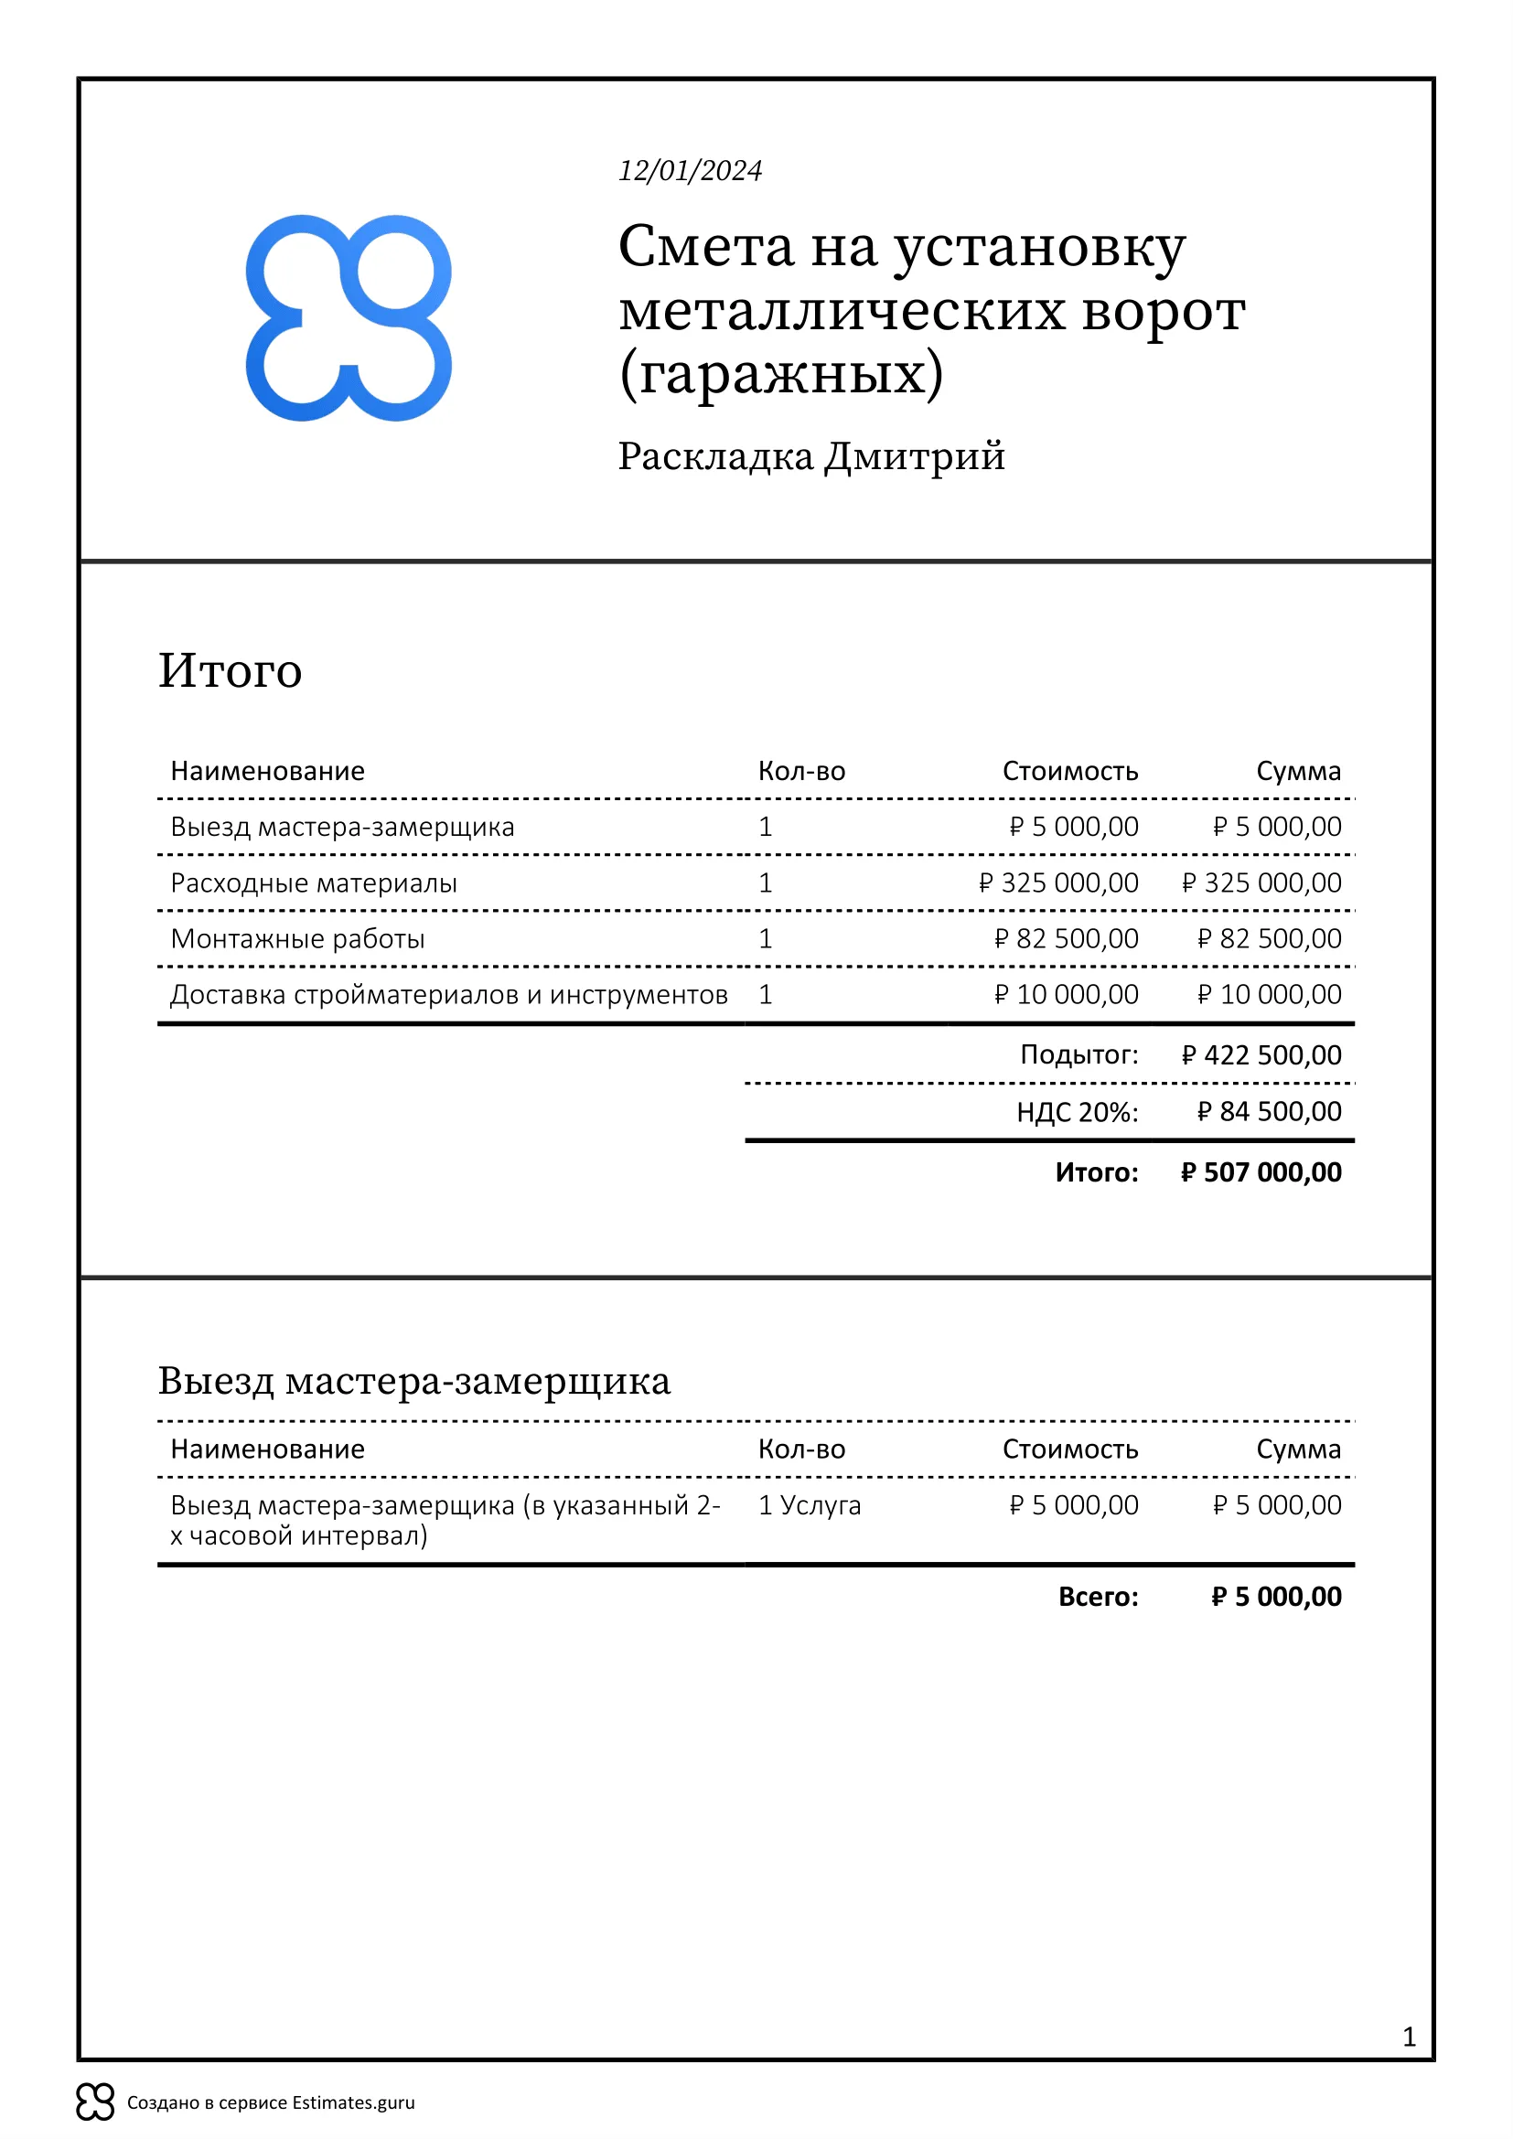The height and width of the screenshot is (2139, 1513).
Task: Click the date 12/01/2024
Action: pyautogui.click(x=691, y=170)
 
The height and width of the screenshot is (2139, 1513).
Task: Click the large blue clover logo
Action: pyautogui.click(x=349, y=317)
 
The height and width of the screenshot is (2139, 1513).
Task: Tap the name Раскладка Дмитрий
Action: pyautogui.click(x=811, y=456)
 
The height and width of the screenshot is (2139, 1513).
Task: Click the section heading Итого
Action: pyautogui.click(x=231, y=670)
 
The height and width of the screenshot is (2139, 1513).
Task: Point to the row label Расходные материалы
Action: pyautogui.click(x=314, y=882)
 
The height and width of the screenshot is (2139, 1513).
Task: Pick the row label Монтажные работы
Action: pyautogui.click(x=297, y=938)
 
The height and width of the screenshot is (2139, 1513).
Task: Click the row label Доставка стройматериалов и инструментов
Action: pyautogui.click(x=449, y=994)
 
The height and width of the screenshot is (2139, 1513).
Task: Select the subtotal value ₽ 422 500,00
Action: pyautogui.click(x=1261, y=1054)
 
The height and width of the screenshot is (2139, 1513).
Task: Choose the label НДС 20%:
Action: pyautogui.click(x=1077, y=1111)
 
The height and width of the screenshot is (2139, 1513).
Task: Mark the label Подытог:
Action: pyautogui.click(x=1078, y=1054)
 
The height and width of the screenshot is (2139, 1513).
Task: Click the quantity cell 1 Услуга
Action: pyautogui.click(x=809, y=1504)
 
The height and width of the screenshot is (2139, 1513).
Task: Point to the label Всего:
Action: pyautogui.click(x=1098, y=1596)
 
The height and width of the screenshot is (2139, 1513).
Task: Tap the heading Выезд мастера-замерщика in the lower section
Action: pyautogui.click(x=413, y=1380)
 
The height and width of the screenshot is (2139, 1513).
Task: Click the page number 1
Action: pyautogui.click(x=1409, y=2037)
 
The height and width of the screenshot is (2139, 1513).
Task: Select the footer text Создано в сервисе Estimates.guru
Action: pyautogui.click(x=271, y=2102)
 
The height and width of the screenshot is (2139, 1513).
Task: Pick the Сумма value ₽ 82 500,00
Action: pyautogui.click(x=1269, y=938)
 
